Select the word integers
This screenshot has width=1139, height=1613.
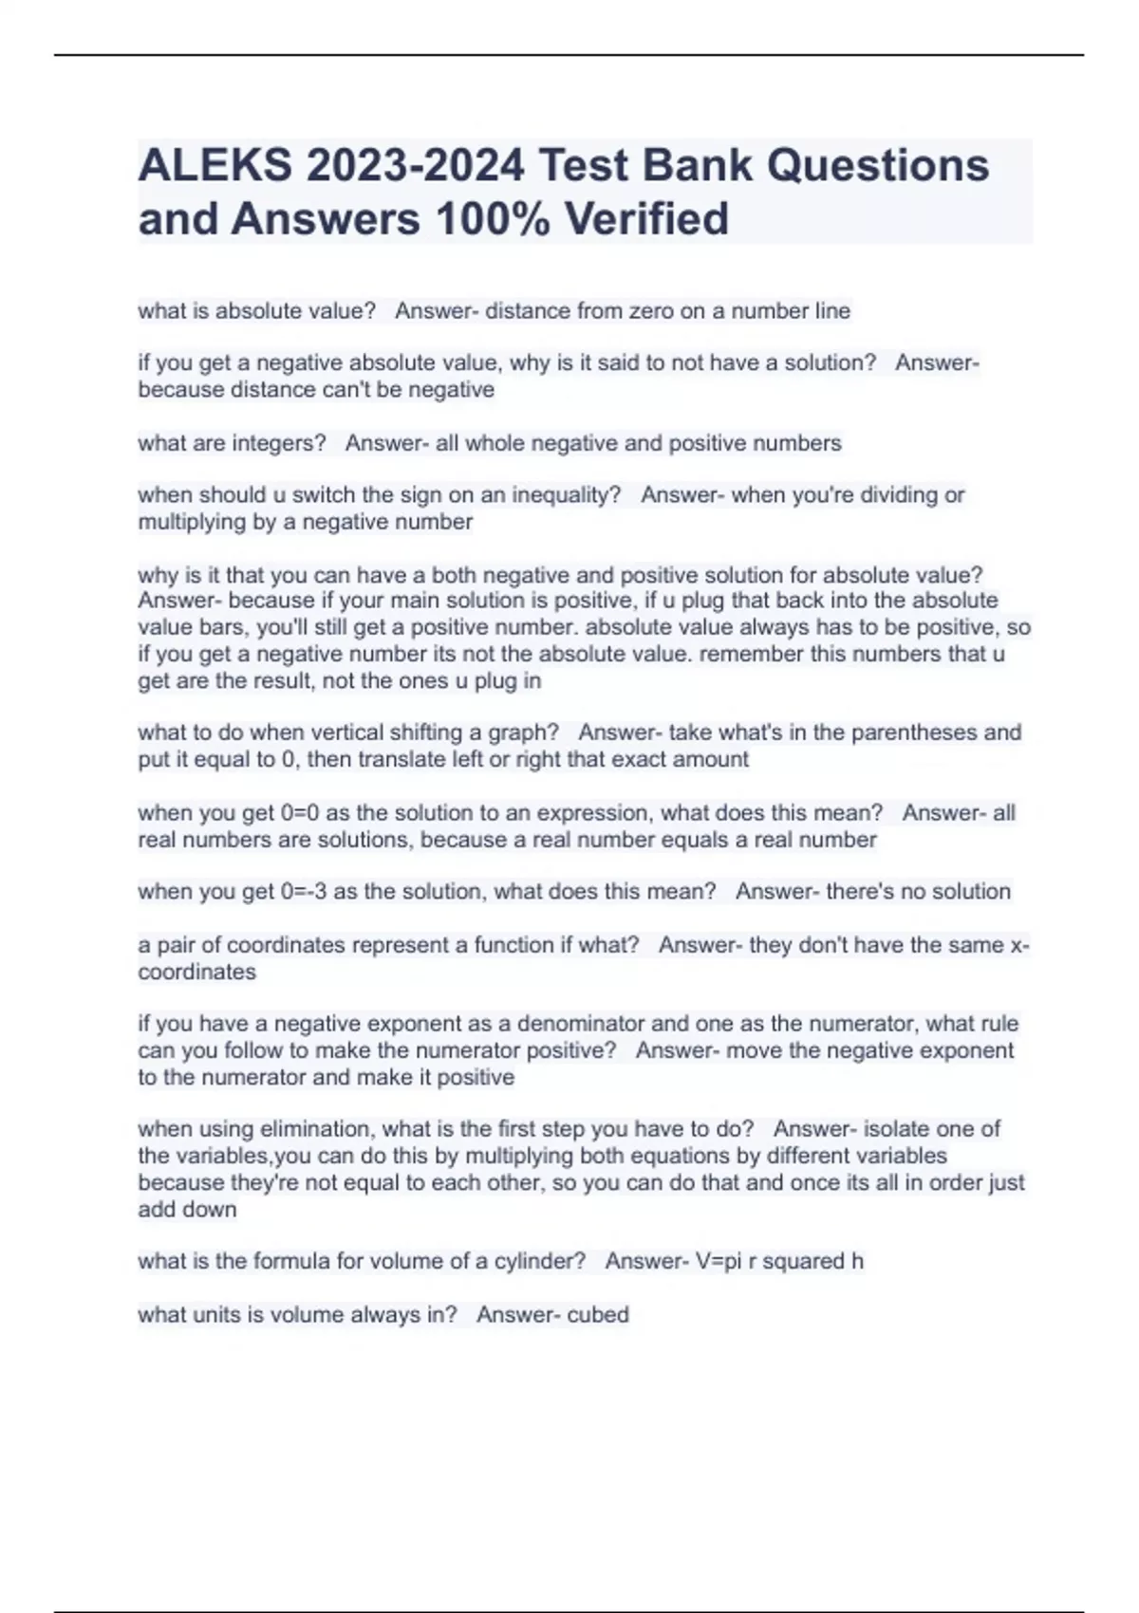pyautogui.click(x=279, y=443)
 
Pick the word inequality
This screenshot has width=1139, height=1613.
pyautogui.click(x=566, y=495)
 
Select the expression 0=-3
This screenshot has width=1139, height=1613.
pyautogui.click(x=304, y=892)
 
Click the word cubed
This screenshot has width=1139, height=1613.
pyautogui.click(x=598, y=1315)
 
